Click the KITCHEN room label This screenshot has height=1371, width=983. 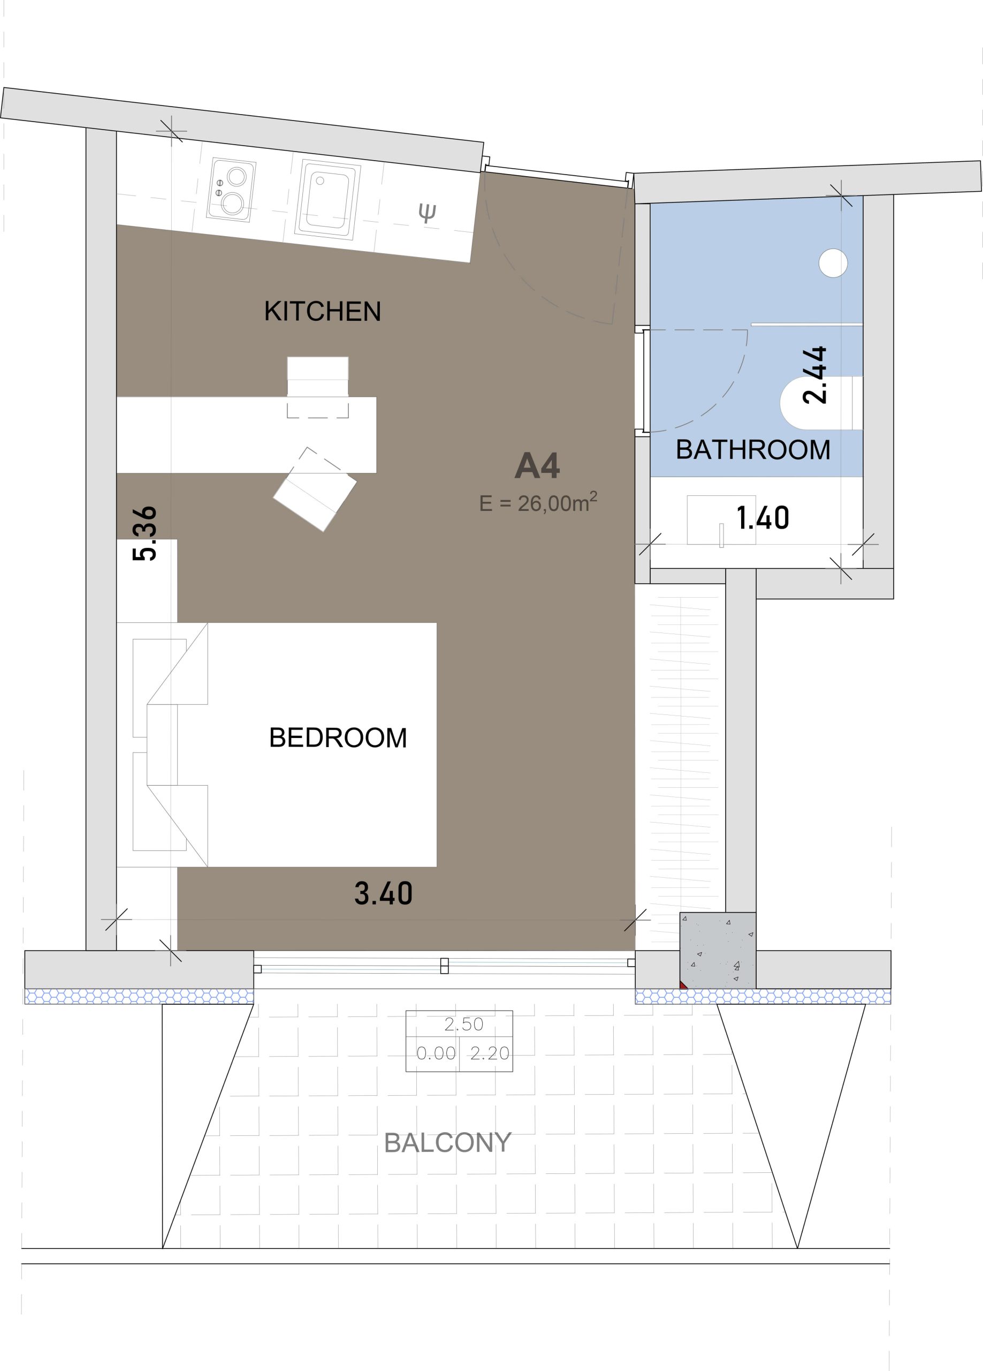click(x=323, y=311)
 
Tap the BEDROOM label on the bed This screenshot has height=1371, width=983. click(x=338, y=737)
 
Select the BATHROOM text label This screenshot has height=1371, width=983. click(x=753, y=450)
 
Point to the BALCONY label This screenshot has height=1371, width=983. click(x=448, y=1142)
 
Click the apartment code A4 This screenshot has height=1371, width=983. click(x=537, y=465)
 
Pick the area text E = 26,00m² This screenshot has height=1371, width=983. click(x=538, y=502)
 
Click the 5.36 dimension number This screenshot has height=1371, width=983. click(x=145, y=533)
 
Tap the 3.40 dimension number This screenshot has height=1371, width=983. click(x=383, y=893)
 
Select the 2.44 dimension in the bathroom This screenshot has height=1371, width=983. click(x=814, y=375)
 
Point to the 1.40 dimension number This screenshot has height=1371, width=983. click(x=763, y=518)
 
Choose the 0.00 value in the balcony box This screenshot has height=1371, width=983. click(x=436, y=1053)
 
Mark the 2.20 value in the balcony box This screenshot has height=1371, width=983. click(x=490, y=1053)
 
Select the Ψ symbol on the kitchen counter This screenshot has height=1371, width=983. click(x=427, y=213)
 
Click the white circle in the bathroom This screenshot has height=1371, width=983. click(x=833, y=263)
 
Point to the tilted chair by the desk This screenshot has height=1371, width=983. click(x=315, y=489)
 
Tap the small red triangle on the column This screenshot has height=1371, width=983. click(x=682, y=985)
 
